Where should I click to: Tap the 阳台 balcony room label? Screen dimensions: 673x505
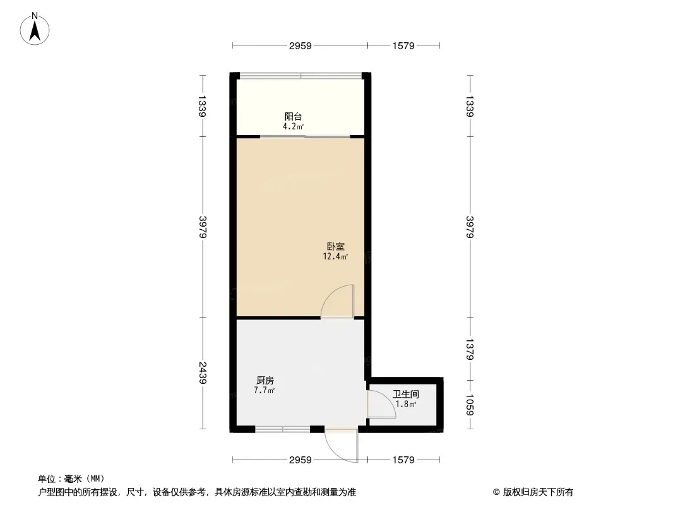(x=293, y=116)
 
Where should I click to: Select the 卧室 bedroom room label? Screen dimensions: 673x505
(x=336, y=247)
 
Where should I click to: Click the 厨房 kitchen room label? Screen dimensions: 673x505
(x=265, y=380)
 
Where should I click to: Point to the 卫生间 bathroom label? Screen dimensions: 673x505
(x=405, y=394)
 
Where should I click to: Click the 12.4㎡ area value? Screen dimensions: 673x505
(x=335, y=256)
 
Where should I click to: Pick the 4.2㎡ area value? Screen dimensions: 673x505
(x=293, y=127)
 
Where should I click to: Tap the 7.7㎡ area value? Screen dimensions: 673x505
(x=265, y=391)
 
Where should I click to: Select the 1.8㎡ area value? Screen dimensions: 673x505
(x=405, y=404)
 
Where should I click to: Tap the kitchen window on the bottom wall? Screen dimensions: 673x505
(x=282, y=429)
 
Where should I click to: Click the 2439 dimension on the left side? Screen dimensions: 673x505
(x=203, y=373)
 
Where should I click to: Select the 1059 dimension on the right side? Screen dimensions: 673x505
(x=470, y=405)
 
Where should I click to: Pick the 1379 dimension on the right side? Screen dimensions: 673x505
(x=470, y=349)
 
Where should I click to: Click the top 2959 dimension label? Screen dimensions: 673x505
(x=300, y=46)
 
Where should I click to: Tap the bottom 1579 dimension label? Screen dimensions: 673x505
(x=403, y=460)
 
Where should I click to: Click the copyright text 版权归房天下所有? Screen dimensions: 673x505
(x=538, y=492)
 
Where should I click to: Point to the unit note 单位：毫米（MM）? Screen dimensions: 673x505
(x=71, y=478)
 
